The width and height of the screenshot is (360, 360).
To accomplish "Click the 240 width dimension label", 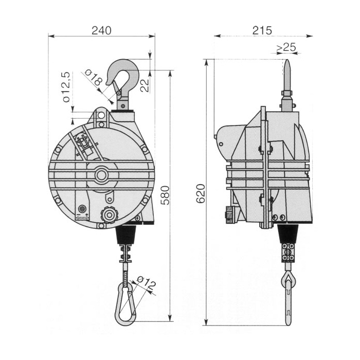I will point(101,30).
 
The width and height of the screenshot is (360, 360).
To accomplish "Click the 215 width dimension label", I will point(262,30).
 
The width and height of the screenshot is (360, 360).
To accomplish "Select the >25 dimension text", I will point(286,47).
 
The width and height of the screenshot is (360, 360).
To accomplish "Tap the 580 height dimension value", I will point(165,195).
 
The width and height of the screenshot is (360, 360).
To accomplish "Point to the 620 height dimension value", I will point(201,193).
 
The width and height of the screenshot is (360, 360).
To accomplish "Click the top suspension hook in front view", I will point(123,77).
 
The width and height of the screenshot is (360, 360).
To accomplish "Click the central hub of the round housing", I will point(101,175).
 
